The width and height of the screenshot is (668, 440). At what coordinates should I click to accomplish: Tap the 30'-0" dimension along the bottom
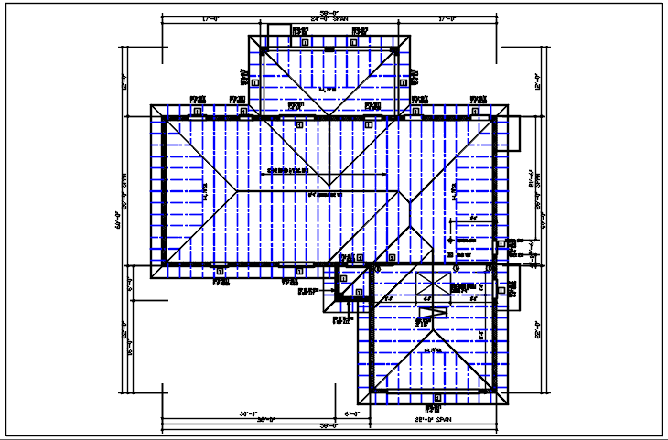pyautogui.click(x=247, y=414)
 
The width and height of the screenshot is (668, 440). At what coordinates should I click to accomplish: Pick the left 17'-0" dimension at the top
pyautogui.click(x=205, y=18)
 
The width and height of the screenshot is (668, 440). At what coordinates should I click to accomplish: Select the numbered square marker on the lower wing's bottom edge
pyautogui.click(x=436, y=398)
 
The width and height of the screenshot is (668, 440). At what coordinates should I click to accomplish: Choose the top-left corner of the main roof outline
pyautogui.click(x=152, y=105)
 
